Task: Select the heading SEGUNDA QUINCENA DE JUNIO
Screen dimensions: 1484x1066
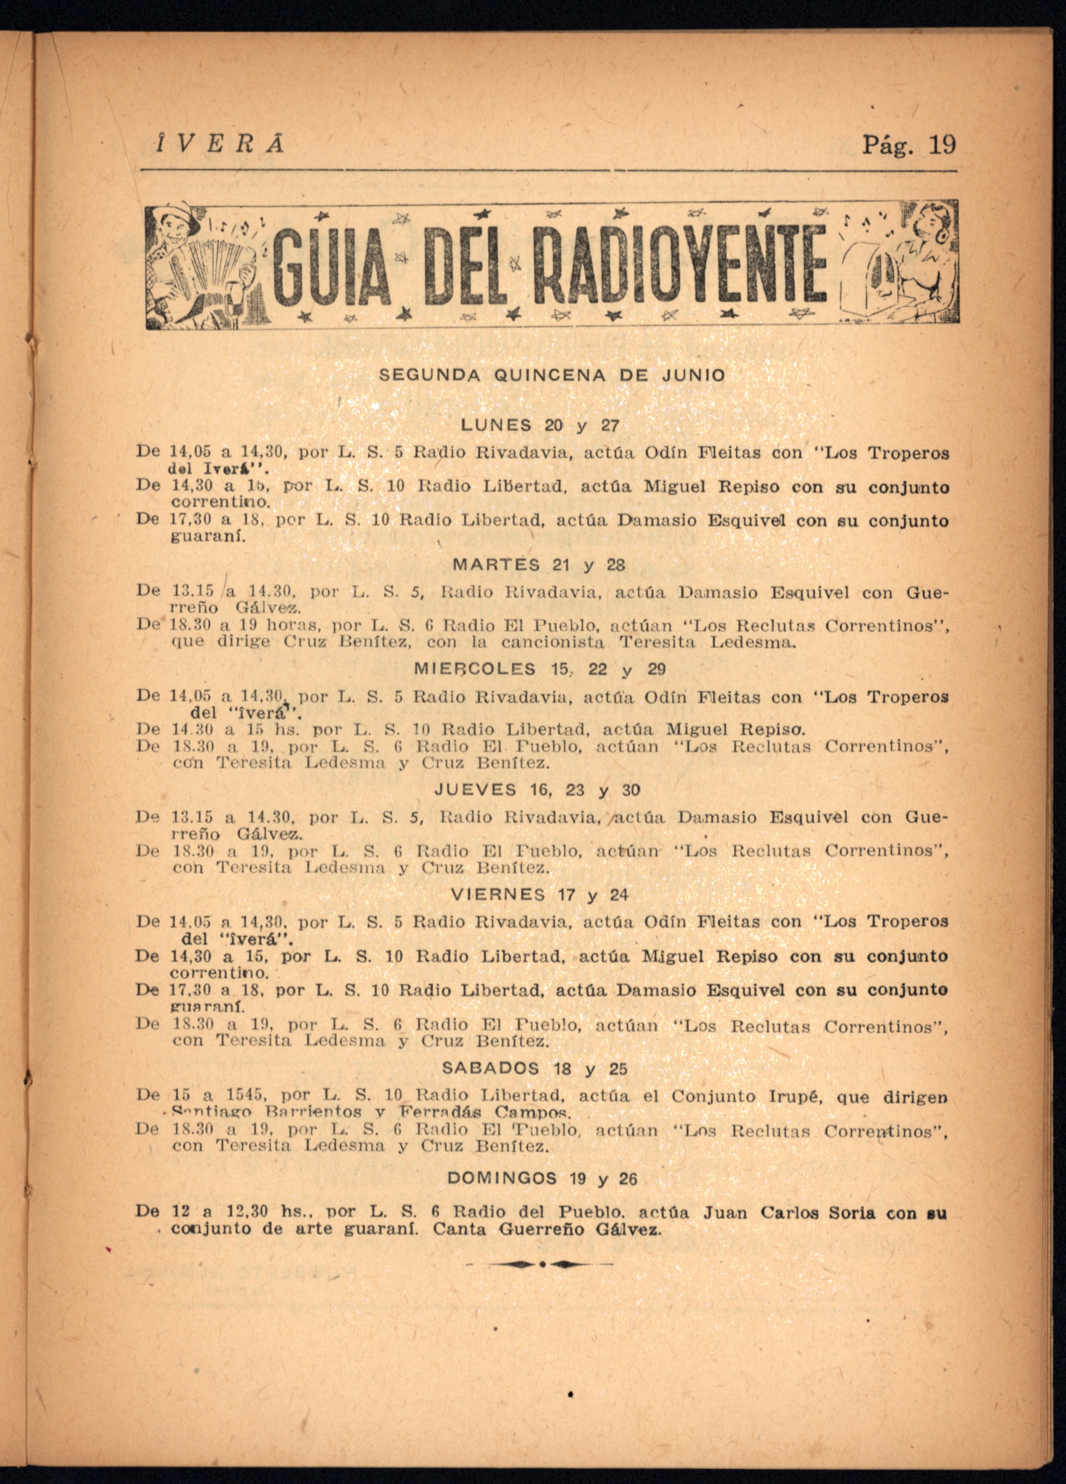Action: pyautogui.click(x=552, y=376)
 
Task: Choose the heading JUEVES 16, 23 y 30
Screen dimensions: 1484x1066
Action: pyautogui.click(x=538, y=790)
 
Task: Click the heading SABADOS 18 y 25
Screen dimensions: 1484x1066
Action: pyautogui.click(x=534, y=1069)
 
